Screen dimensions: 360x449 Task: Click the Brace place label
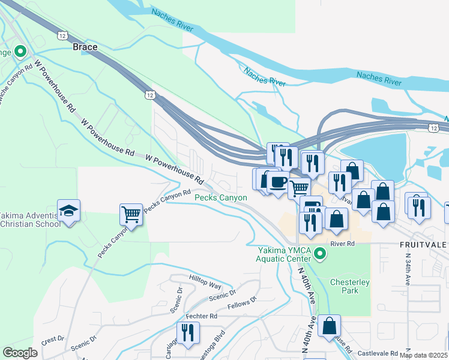[x=85, y=46]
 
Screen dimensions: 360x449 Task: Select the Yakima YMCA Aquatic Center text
[x=286, y=254]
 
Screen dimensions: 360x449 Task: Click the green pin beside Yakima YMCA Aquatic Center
[x=320, y=254]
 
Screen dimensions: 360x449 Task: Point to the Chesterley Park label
[x=349, y=286]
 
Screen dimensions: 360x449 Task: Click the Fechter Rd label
[x=201, y=316]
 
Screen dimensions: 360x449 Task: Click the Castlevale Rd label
[x=377, y=354]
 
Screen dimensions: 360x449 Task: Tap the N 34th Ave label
[x=407, y=271]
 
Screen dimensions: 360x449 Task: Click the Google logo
[x=20, y=353]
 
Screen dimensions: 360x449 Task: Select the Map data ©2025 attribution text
[x=423, y=355]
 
